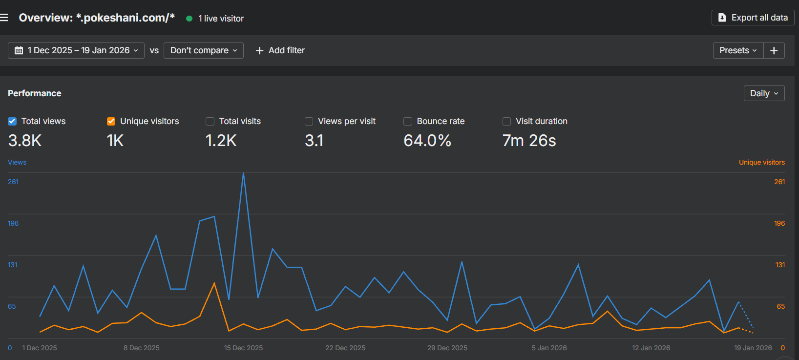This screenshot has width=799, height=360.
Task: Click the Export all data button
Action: (753, 18)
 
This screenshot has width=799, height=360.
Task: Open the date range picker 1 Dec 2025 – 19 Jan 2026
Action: (76, 50)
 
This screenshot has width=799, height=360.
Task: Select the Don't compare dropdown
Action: (203, 50)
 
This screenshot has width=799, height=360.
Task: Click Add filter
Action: (280, 50)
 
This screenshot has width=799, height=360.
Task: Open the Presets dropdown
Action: (738, 50)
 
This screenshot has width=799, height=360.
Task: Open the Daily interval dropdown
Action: (764, 93)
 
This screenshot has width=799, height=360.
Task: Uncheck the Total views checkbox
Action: (12, 121)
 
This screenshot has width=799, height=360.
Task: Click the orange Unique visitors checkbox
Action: (111, 121)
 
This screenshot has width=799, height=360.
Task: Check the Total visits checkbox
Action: (210, 121)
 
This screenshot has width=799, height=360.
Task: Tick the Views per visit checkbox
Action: (309, 121)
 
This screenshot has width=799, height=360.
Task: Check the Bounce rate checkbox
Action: (408, 121)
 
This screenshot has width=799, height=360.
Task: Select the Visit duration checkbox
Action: (506, 121)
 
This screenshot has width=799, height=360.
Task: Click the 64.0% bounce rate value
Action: (427, 141)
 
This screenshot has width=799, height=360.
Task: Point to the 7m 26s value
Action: (529, 141)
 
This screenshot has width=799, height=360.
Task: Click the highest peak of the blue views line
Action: (243, 173)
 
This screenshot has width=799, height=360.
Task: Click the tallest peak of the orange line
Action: (214, 283)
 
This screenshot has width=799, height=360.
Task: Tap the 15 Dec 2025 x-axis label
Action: (243, 348)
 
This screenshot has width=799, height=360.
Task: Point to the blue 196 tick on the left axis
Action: (13, 223)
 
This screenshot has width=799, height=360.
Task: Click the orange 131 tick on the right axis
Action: (780, 265)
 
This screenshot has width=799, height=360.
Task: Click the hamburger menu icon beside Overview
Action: (4, 18)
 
